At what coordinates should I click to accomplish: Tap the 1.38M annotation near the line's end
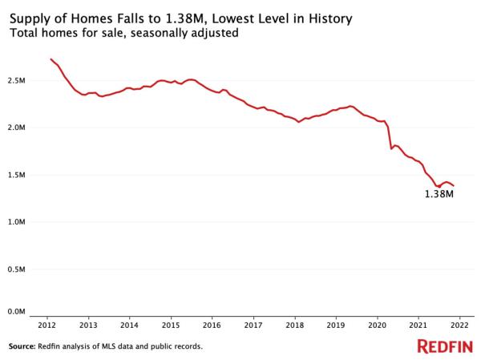[x=439, y=194]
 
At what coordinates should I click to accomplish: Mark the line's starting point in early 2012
[x=51, y=59]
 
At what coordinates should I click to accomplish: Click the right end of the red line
[x=453, y=186]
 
